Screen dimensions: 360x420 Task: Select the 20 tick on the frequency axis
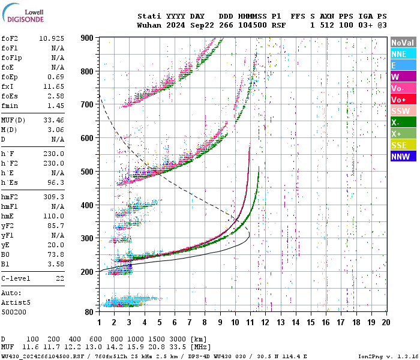pyautogui.click(x=386, y=322)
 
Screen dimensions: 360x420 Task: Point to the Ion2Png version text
pyautogui.click(x=388, y=356)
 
